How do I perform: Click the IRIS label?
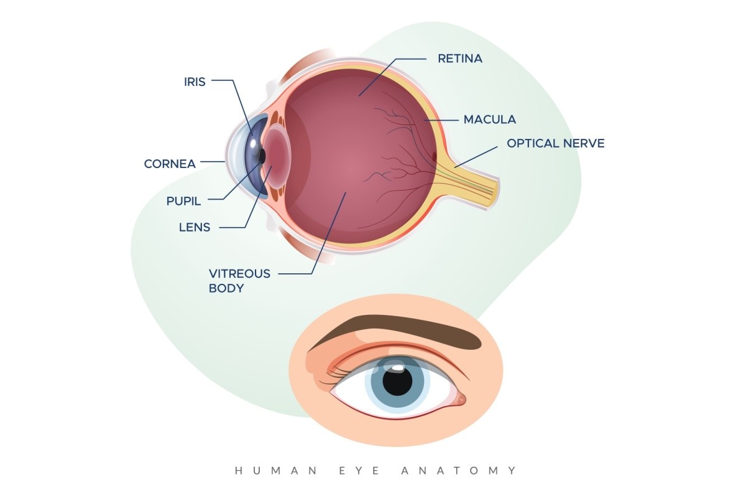coord(195,81)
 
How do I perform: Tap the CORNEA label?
coord(170,164)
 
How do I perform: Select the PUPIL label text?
coord(185,201)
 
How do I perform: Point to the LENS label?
coord(195,227)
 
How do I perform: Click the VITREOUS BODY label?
coord(239,281)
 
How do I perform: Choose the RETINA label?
coord(460,59)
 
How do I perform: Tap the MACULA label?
coord(490,119)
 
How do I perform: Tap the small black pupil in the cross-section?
coord(262,156)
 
